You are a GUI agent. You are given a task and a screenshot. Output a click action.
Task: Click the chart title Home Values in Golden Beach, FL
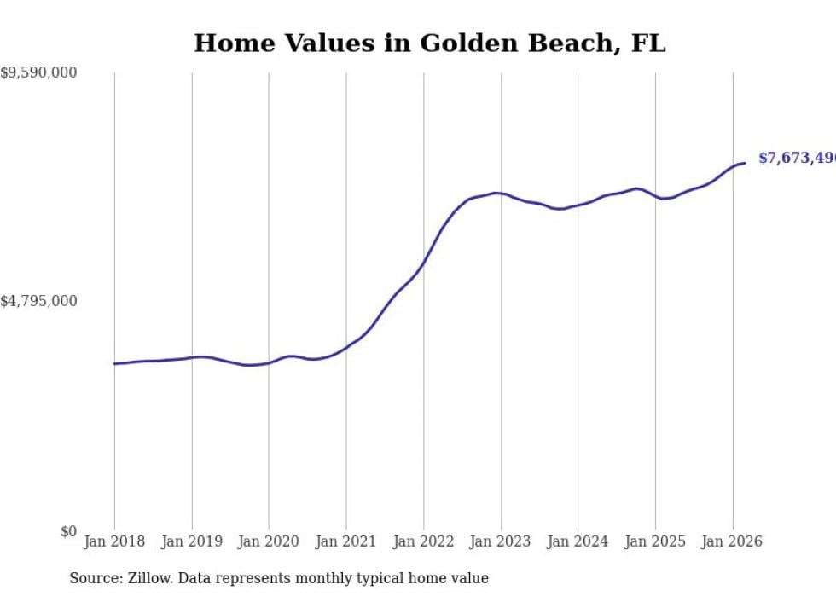(429, 43)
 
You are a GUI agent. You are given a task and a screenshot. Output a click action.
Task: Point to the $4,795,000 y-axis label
(38, 301)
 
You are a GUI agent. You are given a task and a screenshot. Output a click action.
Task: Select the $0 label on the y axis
(68, 532)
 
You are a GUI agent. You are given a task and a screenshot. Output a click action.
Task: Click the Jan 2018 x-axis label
(114, 541)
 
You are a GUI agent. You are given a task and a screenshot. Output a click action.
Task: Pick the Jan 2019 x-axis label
(192, 541)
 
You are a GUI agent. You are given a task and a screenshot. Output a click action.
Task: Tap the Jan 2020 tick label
(269, 541)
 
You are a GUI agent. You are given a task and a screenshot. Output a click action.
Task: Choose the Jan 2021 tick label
(346, 541)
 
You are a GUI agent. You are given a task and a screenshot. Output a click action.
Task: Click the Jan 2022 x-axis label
(424, 541)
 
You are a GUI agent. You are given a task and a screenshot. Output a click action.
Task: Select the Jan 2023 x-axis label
(501, 541)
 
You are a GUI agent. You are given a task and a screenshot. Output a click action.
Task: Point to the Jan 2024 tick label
(578, 541)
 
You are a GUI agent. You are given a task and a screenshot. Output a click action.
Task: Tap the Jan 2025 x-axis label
(655, 541)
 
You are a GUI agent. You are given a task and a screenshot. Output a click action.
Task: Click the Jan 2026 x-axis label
(733, 541)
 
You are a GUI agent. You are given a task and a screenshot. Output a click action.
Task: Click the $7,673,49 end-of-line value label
(797, 159)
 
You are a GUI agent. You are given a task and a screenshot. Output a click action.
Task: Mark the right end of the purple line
(745, 163)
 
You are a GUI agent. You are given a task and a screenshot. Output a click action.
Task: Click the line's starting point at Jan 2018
(114, 364)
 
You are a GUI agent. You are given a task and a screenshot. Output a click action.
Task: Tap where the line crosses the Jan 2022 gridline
(424, 261)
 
